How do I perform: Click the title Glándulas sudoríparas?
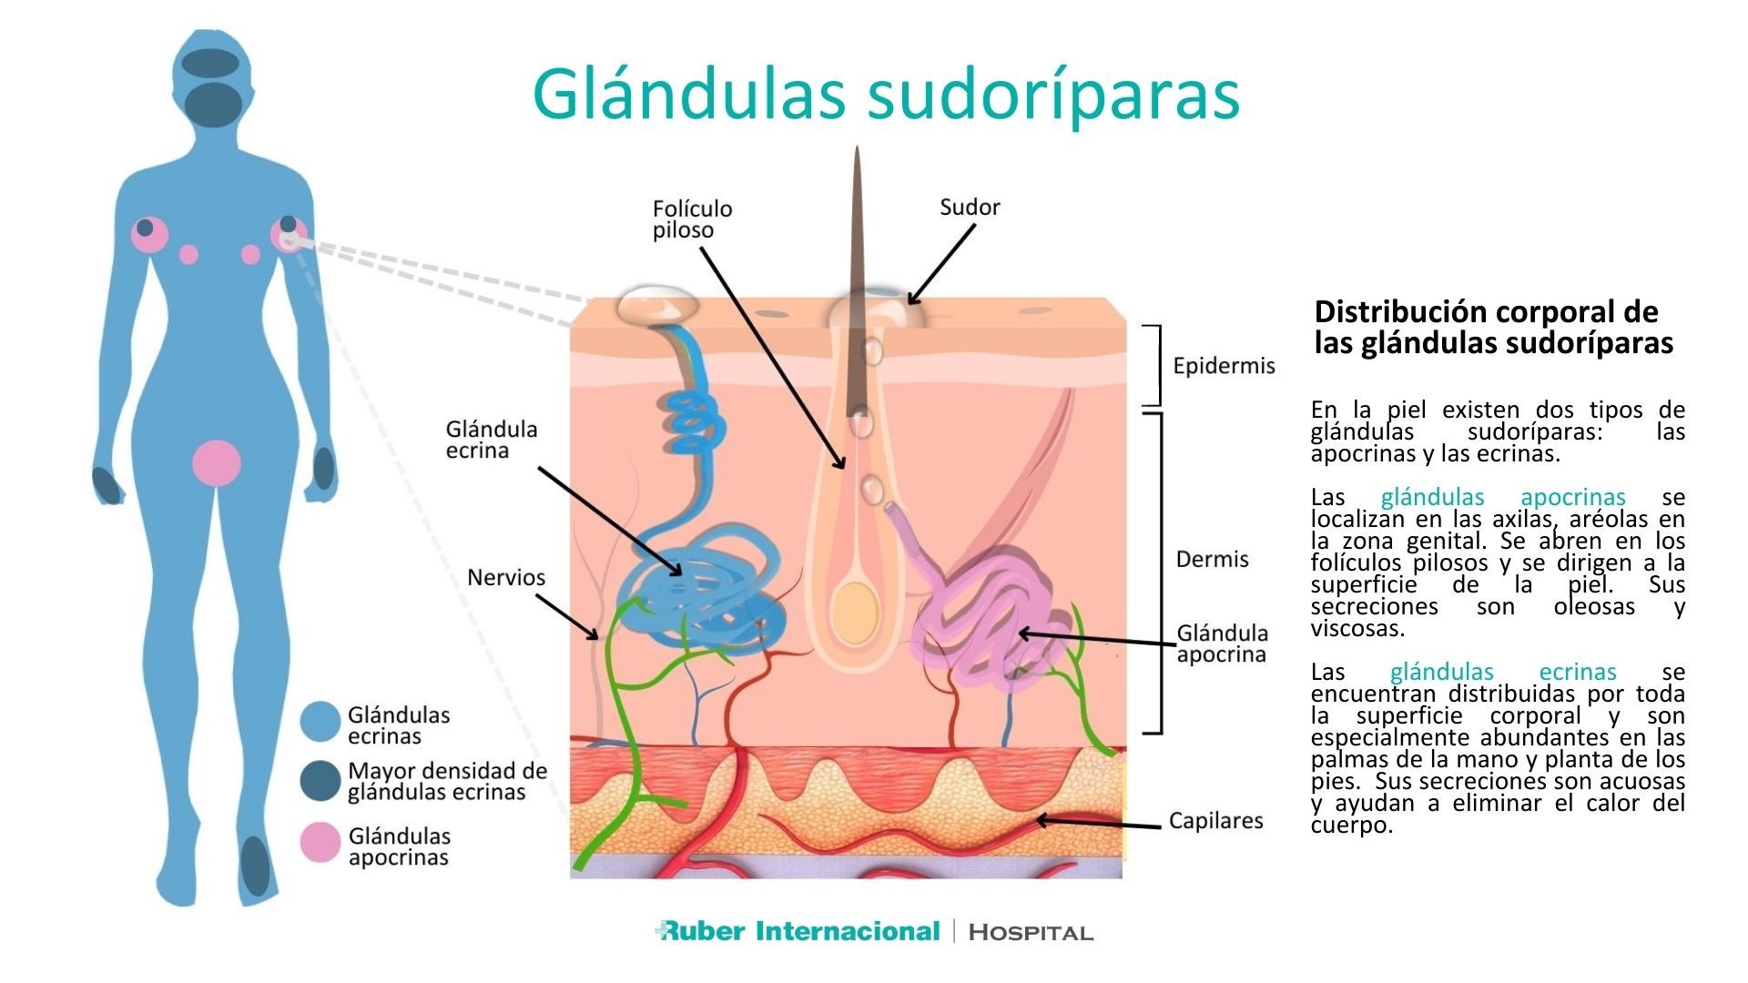tap(886, 94)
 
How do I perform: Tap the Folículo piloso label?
tap(692, 219)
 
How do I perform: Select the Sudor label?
tap(970, 208)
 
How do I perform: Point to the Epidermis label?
tap(1224, 366)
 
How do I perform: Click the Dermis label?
tap(1212, 559)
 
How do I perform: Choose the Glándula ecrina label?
tap(491, 440)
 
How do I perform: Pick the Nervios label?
tap(506, 577)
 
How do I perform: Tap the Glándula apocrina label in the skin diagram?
tap(1222, 644)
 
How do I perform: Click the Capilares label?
tap(1215, 820)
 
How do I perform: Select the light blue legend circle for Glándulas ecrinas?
tap(320, 722)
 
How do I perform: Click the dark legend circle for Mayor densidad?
tap(320, 781)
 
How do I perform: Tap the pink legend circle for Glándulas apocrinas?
tap(320, 842)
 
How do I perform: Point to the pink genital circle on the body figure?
tap(217, 462)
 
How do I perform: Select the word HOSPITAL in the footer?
tap(1031, 932)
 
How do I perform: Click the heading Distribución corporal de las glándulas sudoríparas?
tap(1493, 327)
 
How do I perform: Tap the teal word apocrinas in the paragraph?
tap(1572, 497)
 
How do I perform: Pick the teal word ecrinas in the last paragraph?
tap(1577, 672)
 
